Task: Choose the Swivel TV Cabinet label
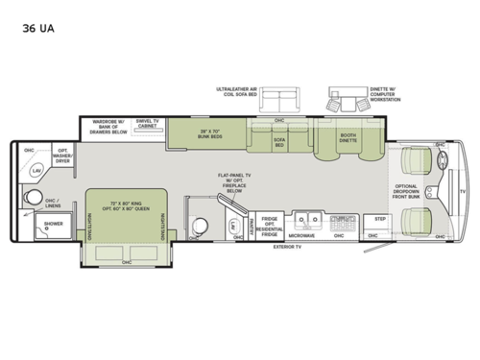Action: click(146, 124)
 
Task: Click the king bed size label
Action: click(125, 206)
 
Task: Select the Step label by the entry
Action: click(380, 219)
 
